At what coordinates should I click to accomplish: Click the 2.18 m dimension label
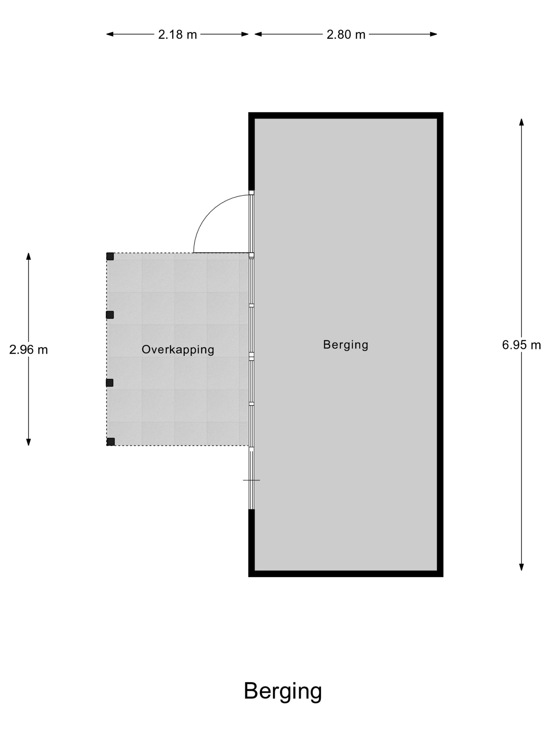[177, 35]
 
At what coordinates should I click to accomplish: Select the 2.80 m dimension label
[346, 35]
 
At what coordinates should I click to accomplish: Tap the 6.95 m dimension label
[521, 345]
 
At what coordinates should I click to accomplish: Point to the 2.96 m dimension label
[29, 349]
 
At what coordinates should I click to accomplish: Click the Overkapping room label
[178, 349]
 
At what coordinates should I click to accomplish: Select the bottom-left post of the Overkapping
[111, 442]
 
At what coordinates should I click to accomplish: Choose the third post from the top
[110, 383]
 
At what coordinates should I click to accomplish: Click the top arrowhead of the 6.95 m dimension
[521, 122]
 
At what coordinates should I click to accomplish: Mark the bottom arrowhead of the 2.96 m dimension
[29, 442]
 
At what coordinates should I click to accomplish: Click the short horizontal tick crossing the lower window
[251, 480]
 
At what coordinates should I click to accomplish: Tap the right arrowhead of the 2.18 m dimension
[245, 34]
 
